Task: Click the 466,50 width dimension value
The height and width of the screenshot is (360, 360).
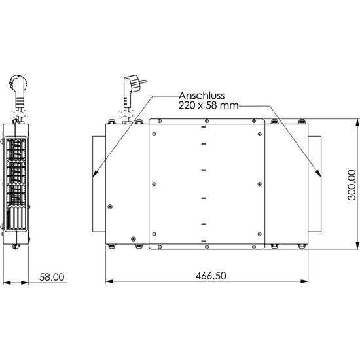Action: coord(211,276)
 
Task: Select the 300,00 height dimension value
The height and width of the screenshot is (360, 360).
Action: coord(351,185)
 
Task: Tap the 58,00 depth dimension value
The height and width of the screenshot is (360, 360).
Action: coord(52,277)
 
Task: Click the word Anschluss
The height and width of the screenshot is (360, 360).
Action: coord(202,96)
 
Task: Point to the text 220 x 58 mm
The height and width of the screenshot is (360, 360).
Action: coord(208,105)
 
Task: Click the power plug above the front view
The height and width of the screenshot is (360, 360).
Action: coord(132,91)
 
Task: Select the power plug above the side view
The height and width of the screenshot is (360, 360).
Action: coord(18,92)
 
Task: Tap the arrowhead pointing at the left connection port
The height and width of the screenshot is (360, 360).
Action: coord(96,173)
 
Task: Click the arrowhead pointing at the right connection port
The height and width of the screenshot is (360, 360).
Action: coord(318,173)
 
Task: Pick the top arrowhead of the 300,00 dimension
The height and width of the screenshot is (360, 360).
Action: coord(357,122)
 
